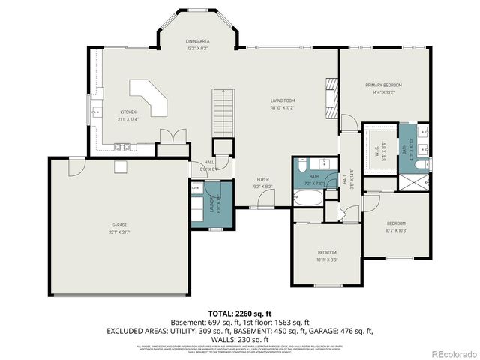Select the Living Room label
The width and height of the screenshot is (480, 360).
pos(283,103)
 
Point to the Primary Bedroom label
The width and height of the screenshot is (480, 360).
pos(380,89)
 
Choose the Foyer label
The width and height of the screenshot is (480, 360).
pos(262,183)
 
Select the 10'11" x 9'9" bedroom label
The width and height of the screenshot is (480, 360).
pos(326,255)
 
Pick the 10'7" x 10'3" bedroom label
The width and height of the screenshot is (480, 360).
pos(396,226)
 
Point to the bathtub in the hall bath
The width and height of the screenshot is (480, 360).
pos(307,199)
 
